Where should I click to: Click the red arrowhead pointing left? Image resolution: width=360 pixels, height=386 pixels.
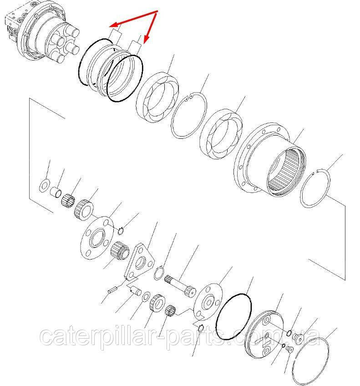(114, 25)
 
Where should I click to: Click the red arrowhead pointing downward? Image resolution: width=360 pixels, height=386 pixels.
(147, 40)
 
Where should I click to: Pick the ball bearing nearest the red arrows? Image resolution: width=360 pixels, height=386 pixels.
(157, 97)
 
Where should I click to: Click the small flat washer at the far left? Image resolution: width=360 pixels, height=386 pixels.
(44, 185)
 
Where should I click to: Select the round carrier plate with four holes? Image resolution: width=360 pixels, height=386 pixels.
(97, 238)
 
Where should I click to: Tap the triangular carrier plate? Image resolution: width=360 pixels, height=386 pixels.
(138, 262)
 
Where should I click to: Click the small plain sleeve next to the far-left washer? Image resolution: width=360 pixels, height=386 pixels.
(56, 192)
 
